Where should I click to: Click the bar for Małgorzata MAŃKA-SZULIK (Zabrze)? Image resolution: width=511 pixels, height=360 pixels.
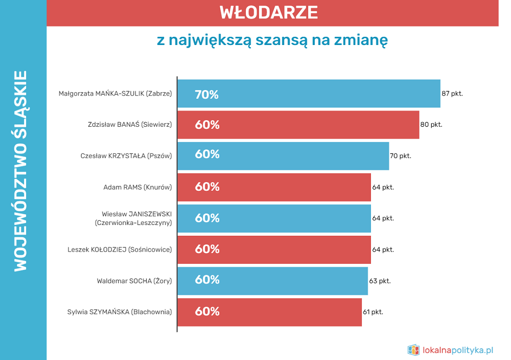click(309, 94)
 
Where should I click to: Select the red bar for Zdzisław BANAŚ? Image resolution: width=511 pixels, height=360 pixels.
click(298, 125)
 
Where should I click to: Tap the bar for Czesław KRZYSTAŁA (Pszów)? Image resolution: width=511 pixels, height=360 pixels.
click(283, 155)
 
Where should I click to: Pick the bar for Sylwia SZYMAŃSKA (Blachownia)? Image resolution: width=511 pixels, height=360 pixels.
click(269, 312)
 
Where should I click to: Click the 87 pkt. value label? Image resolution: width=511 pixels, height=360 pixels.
click(452, 94)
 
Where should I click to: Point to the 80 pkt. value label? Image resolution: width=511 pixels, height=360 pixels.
click(431, 125)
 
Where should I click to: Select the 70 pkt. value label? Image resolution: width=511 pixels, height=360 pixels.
click(401, 156)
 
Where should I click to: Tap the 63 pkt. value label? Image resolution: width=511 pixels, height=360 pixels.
click(380, 281)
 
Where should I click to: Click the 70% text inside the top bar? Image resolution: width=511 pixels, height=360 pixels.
click(206, 95)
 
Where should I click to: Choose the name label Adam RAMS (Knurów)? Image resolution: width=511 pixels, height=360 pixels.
click(137, 187)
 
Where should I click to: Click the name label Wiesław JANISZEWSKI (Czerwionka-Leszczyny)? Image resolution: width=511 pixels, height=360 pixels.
click(133, 218)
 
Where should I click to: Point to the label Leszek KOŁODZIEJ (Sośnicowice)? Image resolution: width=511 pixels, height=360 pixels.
click(120, 250)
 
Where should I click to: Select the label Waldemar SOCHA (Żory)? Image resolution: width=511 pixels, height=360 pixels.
click(134, 281)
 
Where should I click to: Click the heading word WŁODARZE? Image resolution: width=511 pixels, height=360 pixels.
click(269, 13)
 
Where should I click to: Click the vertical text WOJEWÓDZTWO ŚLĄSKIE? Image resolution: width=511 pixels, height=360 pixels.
click(20, 171)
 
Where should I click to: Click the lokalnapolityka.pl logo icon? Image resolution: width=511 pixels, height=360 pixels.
click(413, 350)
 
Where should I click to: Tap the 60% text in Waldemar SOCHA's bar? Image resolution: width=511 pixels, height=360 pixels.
click(207, 280)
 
